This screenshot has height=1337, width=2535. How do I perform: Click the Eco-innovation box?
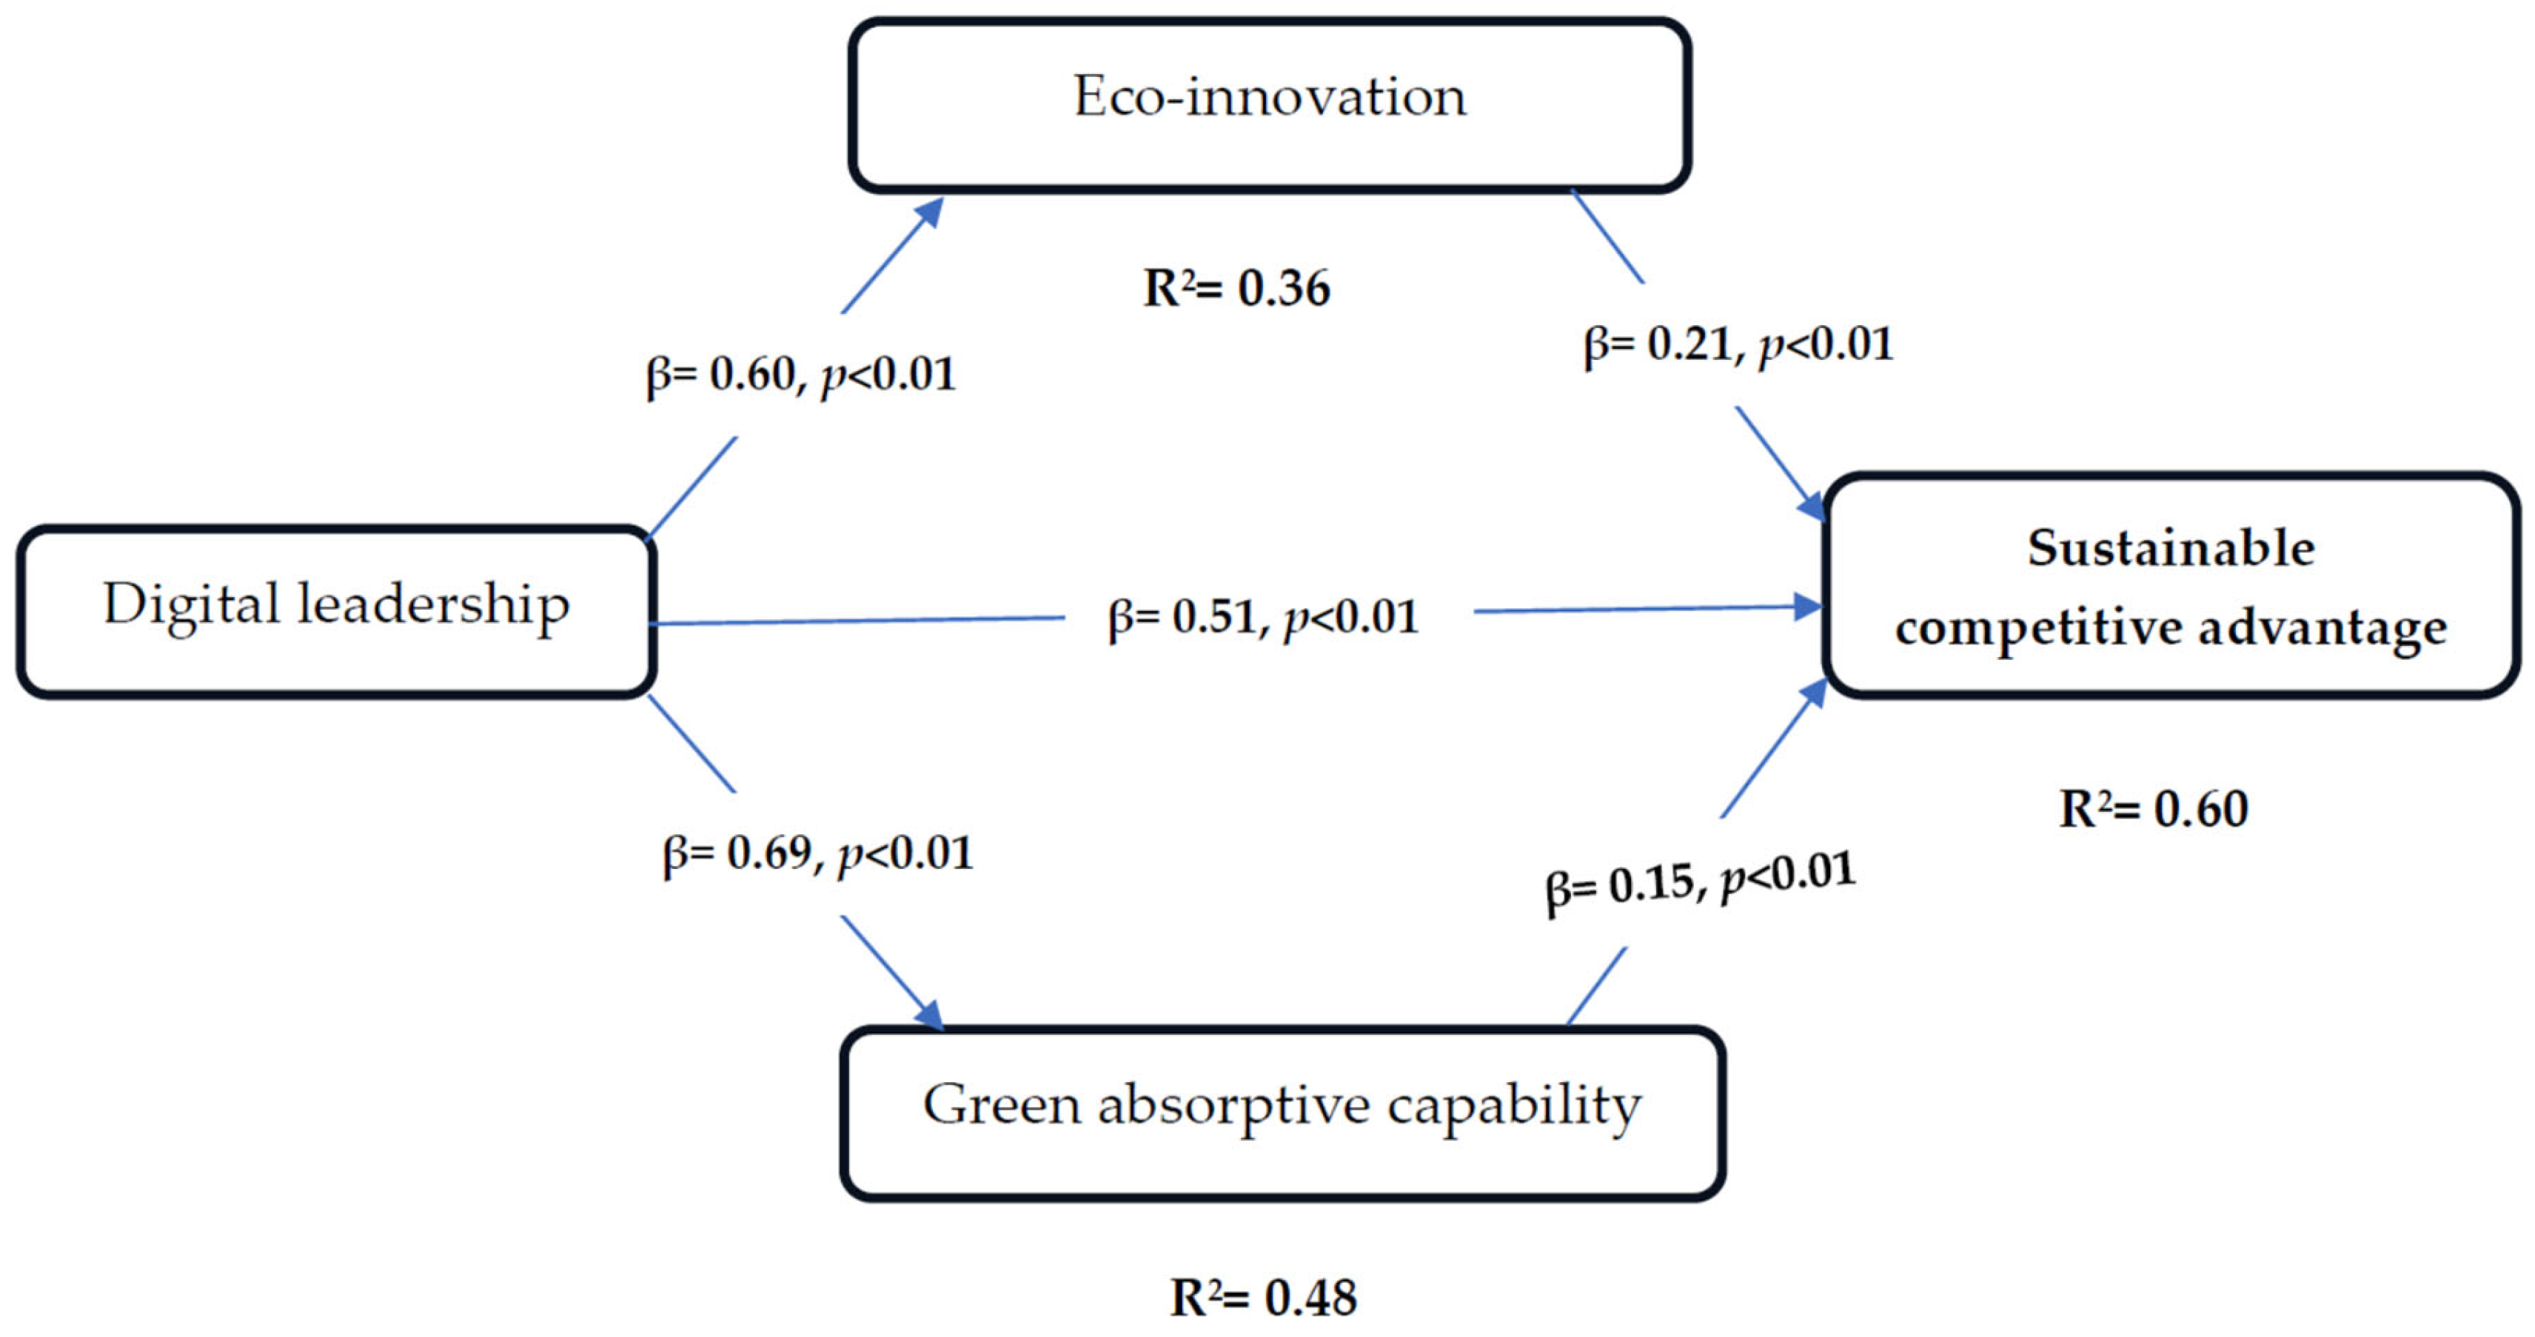click(1270, 104)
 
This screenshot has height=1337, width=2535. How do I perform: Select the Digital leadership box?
click(335, 611)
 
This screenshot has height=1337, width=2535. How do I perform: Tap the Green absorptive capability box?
click(1282, 1113)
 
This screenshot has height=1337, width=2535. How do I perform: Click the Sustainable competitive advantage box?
click(2171, 587)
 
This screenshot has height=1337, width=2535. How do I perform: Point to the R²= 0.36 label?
click(1236, 288)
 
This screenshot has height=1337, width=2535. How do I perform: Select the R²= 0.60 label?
click(2153, 810)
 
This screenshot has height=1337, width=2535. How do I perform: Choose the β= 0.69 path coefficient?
click(817, 853)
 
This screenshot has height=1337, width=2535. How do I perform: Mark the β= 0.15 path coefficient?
click(1700, 881)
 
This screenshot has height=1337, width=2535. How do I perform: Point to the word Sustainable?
click(2171, 547)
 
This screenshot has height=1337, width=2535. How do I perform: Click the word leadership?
click(433, 604)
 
